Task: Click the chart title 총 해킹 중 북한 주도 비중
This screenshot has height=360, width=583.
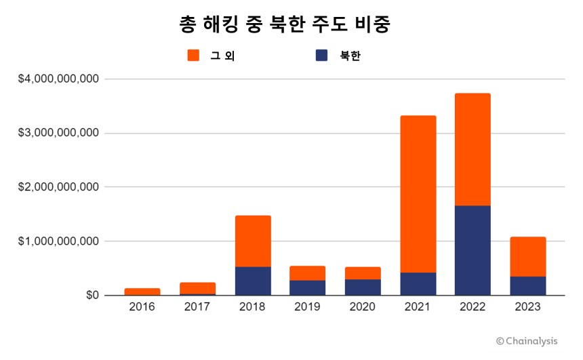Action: (285, 24)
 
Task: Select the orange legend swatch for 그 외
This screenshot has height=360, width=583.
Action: (193, 56)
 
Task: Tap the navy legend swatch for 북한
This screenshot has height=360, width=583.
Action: (322, 56)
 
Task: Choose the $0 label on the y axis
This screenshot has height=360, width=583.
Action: (92, 296)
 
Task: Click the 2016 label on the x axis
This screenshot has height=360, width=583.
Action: (142, 307)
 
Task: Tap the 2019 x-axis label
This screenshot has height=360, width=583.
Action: (308, 307)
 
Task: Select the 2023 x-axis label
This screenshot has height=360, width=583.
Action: (527, 307)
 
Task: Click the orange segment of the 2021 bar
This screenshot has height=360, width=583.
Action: (418, 194)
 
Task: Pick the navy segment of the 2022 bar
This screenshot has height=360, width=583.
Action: (473, 250)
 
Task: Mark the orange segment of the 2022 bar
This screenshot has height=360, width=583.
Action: (473, 149)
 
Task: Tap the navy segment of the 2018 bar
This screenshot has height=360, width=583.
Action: (253, 281)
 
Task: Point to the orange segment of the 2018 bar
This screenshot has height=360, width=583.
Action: (253, 241)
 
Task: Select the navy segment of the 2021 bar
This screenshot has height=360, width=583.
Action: (418, 283)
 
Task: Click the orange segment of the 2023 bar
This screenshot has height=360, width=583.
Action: (527, 256)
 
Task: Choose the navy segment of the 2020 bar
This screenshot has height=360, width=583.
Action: (363, 287)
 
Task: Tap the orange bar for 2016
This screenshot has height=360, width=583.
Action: (142, 292)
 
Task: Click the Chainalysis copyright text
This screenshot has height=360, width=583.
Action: (526, 341)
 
